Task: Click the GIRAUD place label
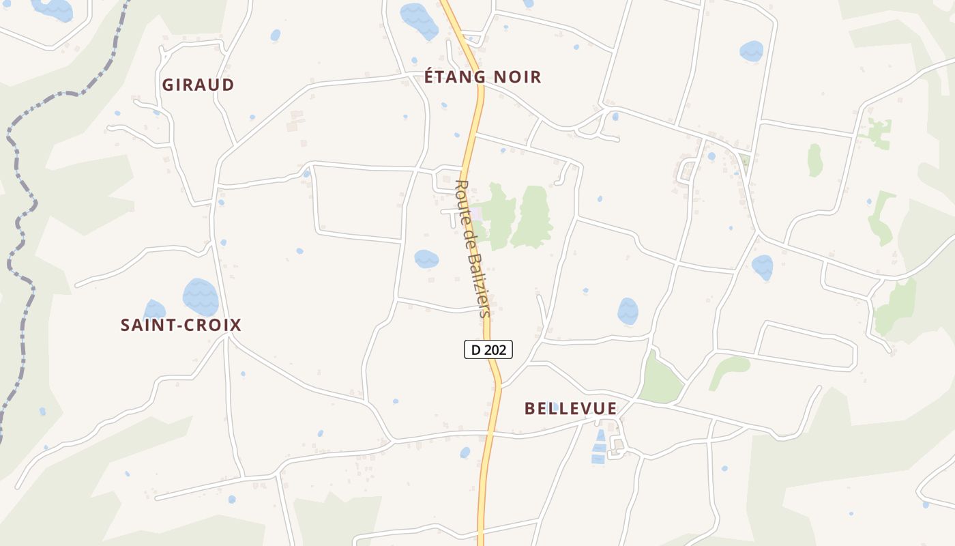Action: pyautogui.click(x=198, y=85)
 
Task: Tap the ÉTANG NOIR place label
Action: pyautogui.click(x=482, y=77)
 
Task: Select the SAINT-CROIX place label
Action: pyautogui.click(x=181, y=325)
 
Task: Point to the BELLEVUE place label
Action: pyautogui.click(x=570, y=408)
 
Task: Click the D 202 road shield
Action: pyautogui.click(x=488, y=349)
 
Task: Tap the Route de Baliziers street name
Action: pyautogui.click(x=473, y=249)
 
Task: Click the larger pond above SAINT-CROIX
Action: pyautogui.click(x=201, y=297)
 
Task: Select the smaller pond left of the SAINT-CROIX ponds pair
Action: pyautogui.click(x=154, y=309)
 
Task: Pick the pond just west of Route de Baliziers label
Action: pyautogui.click(x=426, y=259)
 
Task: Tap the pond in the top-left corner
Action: pyautogui.click(x=53, y=8)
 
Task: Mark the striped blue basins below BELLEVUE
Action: pyautogui.click(x=599, y=447)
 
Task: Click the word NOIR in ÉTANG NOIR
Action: pyautogui.click(x=517, y=77)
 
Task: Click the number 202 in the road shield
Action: pyautogui.click(x=495, y=349)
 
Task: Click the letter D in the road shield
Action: pyautogui.click(x=475, y=349)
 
